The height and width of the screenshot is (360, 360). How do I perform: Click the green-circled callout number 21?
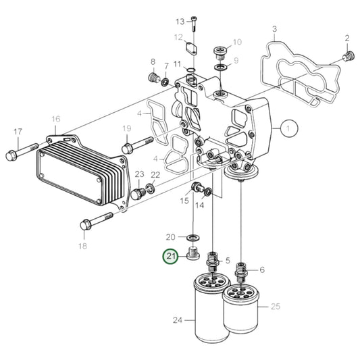coord(170,257)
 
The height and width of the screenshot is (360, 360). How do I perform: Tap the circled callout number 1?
coord(288,128)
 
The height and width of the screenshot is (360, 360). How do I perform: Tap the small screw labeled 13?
coord(195,24)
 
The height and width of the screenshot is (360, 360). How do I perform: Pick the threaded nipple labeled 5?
coord(214,260)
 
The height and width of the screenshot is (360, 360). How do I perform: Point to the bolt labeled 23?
coord(138,192)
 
